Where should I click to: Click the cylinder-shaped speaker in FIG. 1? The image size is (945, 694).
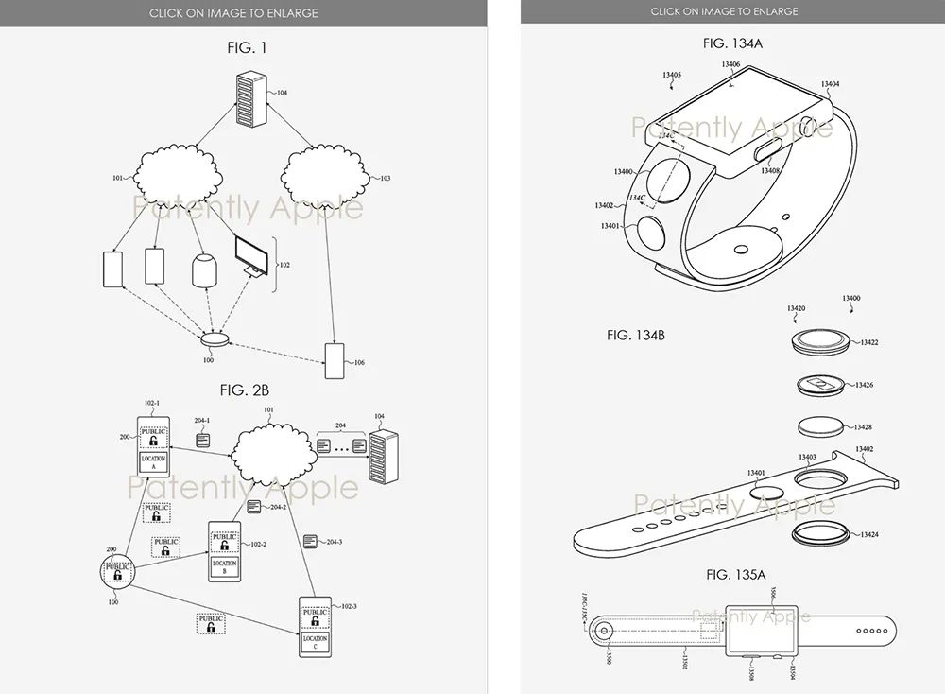click(204, 270)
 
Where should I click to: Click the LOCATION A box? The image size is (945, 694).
click(154, 463)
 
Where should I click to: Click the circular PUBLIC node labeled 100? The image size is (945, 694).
click(117, 570)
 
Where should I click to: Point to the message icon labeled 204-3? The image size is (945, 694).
click(310, 541)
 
